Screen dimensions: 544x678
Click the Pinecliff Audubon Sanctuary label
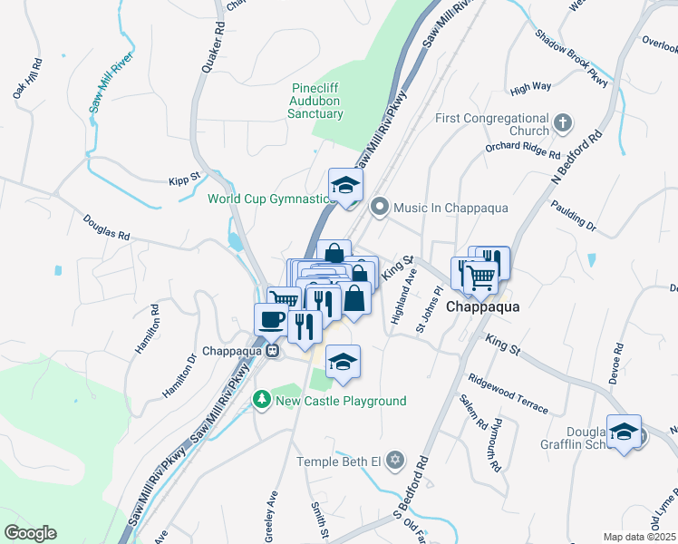(315, 101)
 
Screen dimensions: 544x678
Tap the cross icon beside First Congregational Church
(563, 122)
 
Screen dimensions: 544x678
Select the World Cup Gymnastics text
(268, 199)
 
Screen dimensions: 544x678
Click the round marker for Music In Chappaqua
(380, 208)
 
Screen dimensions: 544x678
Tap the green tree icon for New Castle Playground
(262, 400)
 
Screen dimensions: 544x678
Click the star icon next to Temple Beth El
(393, 461)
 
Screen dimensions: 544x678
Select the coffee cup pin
(272, 319)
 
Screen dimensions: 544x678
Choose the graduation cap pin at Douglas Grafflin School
(624, 432)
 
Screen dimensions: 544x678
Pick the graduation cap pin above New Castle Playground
(343, 362)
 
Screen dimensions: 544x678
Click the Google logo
(30, 533)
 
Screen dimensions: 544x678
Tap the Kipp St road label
(184, 180)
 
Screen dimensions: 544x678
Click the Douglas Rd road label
(106, 227)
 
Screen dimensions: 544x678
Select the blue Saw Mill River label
(111, 87)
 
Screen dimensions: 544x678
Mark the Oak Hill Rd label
(26, 80)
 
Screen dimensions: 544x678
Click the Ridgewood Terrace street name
(508, 394)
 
